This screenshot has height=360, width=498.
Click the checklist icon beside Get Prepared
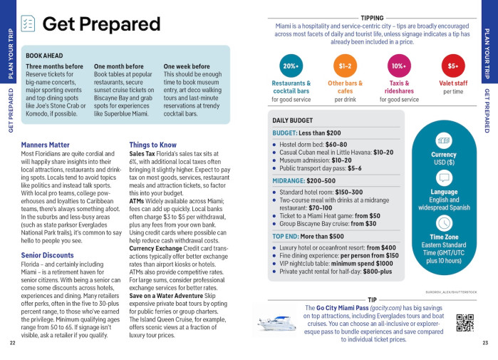pos(28,24)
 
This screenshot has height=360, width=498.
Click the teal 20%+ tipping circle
pos(291,66)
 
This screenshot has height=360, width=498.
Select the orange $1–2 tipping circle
pos(345,66)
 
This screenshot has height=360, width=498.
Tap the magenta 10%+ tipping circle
pos(399,66)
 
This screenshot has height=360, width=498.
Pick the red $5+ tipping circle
pos(453,66)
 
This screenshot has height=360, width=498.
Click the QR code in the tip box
pos(465,323)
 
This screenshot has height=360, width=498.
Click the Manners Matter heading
pos(46,145)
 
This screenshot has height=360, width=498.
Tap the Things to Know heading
pos(153,145)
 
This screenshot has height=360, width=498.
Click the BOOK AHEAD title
pos(44,55)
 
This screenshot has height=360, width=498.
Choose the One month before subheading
pos(118,66)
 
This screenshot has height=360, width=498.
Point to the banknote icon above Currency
pos(444,140)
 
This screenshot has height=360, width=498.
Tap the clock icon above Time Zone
pos(444,222)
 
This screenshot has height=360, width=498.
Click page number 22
pos(13,343)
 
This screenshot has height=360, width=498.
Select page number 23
pos(485,343)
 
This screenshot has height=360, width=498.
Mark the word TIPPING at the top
pos(372,18)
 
